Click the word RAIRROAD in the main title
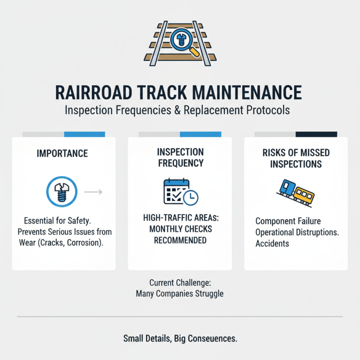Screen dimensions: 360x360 click(94, 92)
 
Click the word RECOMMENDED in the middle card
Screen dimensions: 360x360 click(180, 240)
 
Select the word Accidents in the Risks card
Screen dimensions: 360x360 click(272, 243)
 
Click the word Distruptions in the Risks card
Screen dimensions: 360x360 click(317, 233)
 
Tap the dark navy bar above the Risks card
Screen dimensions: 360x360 click(316, 134)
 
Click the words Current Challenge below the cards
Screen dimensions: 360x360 click(180, 283)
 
